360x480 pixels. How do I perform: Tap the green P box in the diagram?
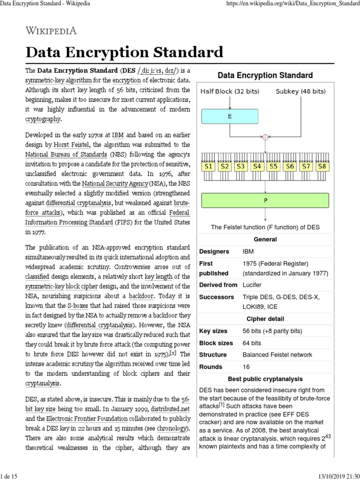265,199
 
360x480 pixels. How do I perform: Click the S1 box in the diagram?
209,166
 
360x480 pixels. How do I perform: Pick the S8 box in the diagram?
322,166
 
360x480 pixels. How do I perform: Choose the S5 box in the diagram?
273,166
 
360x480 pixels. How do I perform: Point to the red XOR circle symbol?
265,137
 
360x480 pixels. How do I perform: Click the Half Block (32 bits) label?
230,91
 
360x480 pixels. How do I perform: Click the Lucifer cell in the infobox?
252,285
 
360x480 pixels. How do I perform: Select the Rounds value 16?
246,367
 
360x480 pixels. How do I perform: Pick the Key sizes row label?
214,331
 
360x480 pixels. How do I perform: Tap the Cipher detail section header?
265,319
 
